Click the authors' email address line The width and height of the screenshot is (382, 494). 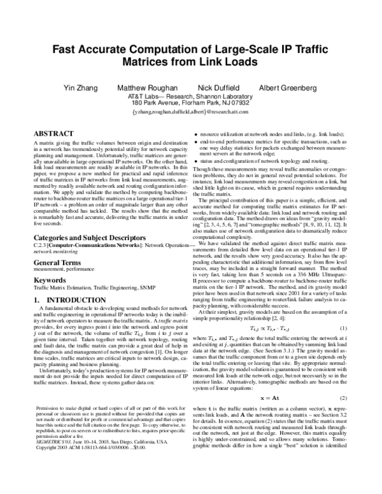(x=191, y=111)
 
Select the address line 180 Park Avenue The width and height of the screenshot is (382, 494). (x=191, y=102)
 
